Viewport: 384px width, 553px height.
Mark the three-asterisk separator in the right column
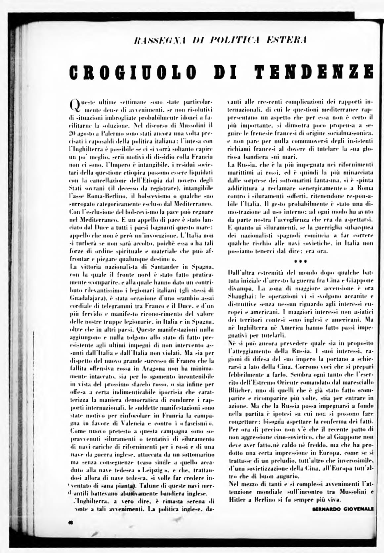click(301, 261)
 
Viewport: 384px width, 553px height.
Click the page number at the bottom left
click(70, 522)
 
